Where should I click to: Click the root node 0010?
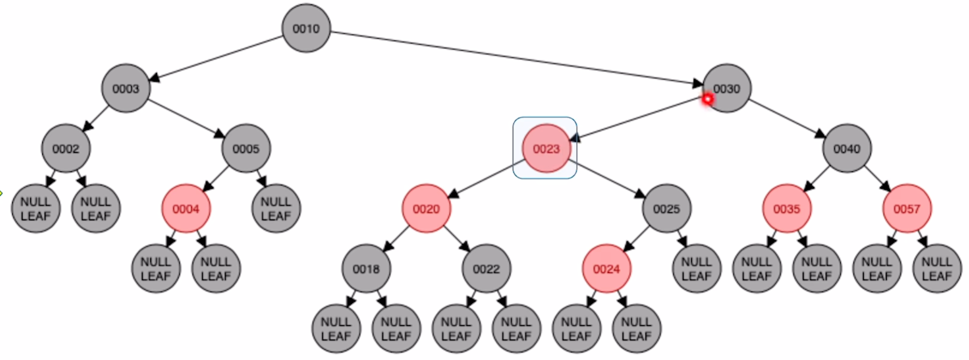306,29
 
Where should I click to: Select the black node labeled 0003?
125,88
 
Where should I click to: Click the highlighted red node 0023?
546,149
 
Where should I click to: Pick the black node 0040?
847,149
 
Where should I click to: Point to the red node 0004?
186,209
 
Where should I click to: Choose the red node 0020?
426,209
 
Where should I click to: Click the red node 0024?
606,269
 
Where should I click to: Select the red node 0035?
787,209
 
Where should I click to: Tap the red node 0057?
906,209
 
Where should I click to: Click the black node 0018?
366,269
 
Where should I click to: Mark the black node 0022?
486,269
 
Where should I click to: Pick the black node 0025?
666,209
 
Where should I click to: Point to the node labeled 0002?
66,149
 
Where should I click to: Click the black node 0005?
246,149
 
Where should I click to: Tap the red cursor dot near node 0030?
707,99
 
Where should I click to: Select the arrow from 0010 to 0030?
515,58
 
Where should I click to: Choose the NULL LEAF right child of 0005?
276,209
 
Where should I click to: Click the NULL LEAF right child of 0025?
696,269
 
